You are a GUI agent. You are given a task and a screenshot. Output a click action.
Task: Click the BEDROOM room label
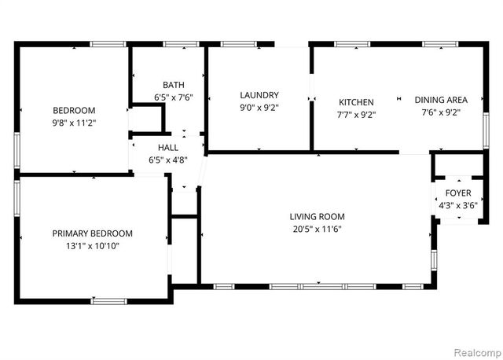(x=74, y=110)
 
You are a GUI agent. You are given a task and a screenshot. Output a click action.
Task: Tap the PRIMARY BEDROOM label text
(x=92, y=233)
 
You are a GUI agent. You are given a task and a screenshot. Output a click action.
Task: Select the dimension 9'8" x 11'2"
(x=74, y=123)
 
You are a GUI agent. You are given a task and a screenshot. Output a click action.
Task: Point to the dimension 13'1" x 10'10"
(x=92, y=246)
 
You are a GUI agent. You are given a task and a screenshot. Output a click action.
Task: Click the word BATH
(x=174, y=85)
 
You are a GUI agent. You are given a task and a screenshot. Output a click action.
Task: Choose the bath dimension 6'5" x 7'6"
(x=174, y=97)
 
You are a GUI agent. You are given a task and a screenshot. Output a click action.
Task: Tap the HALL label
(x=168, y=147)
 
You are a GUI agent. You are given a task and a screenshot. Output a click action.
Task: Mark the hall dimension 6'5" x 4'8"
(x=168, y=160)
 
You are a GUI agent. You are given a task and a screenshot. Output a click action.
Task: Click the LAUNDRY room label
(x=259, y=95)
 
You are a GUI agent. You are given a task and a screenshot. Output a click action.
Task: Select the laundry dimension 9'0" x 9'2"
(x=259, y=108)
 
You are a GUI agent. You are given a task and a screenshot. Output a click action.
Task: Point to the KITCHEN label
(x=356, y=102)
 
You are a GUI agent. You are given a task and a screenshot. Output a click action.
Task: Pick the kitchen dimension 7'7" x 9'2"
(x=356, y=115)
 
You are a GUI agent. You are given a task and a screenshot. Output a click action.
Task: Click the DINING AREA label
(x=441, y=100)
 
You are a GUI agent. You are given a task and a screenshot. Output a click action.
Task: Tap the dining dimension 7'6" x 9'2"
(x=441, y=112)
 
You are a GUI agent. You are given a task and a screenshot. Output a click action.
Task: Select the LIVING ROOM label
(x=317, y=217)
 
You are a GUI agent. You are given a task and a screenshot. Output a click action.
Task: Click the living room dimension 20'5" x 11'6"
(x=317, y=230)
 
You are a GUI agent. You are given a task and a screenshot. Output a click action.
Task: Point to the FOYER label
(x=458, y=193)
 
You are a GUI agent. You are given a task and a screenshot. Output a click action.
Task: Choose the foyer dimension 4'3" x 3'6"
(x=458, y=206)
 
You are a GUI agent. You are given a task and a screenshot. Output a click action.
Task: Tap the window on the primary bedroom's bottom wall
(x=109, y=300)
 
